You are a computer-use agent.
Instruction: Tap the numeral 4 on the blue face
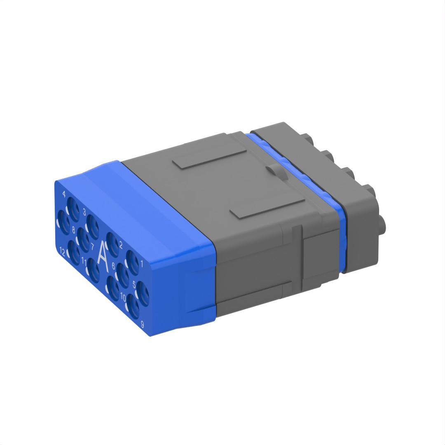[x=64, y=193]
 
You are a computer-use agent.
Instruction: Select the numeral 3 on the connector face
[x=84, y=212]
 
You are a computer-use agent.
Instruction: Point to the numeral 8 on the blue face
[x=74, y=230]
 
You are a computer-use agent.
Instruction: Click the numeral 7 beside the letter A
[x=93, y=246]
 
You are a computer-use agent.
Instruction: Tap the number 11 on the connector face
[x=84, y=261]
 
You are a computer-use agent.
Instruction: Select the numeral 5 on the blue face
[x=134, y=284]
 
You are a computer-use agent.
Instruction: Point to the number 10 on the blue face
[x=123, y=297]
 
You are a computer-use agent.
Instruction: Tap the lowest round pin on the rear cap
[x=383, y=225]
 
